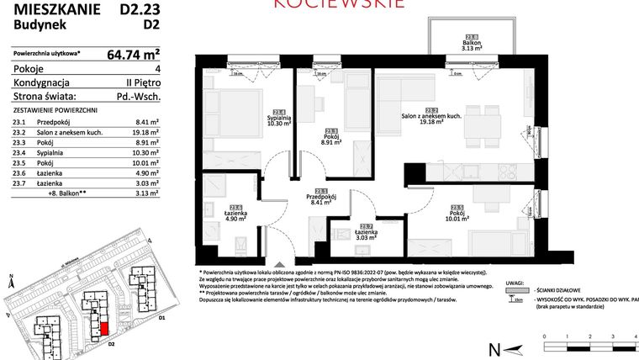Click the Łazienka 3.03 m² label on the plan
pyautogui.click(x=365, y=233)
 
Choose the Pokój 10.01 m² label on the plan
pyautogui.click(x=457, y=214)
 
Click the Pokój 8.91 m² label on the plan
pyautogui.click(x=331, y=137)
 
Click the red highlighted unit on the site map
pyautogui.click(x=104, y=328)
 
